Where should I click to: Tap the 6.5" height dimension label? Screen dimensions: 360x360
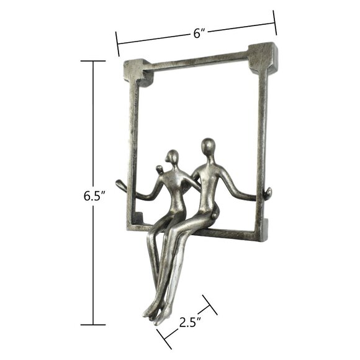94,196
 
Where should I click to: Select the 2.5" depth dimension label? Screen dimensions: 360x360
188,322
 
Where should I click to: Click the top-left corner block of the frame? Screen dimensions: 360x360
139,70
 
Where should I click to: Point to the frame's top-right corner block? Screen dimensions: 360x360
263,55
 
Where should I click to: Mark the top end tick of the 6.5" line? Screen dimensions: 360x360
93,61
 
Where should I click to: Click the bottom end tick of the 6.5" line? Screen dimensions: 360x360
93,325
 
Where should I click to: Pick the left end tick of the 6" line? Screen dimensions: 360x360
117,46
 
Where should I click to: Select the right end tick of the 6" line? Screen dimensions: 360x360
276,25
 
